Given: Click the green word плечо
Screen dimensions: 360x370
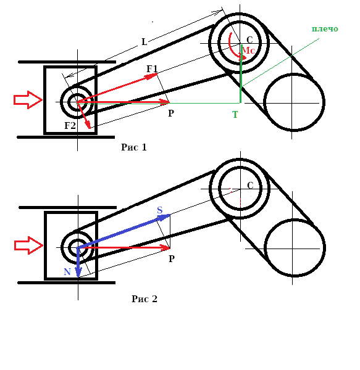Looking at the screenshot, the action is click(325, 29).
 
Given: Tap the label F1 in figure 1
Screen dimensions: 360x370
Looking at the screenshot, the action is click(152, 69).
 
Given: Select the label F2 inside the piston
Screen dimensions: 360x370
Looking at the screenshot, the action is click(70, 126).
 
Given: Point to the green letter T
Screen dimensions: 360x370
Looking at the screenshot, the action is click(235, 115).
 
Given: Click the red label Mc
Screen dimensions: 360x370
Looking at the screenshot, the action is click(248, 51).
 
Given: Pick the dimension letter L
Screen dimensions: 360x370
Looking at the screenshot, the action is click(144, 42).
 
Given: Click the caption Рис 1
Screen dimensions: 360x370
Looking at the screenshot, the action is click(134, 147).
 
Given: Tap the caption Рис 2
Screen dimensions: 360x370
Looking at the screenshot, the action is click(144, 299).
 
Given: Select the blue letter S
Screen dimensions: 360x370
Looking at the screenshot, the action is click(160, 210).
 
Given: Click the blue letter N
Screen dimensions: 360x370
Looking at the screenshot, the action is click(67, 272).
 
